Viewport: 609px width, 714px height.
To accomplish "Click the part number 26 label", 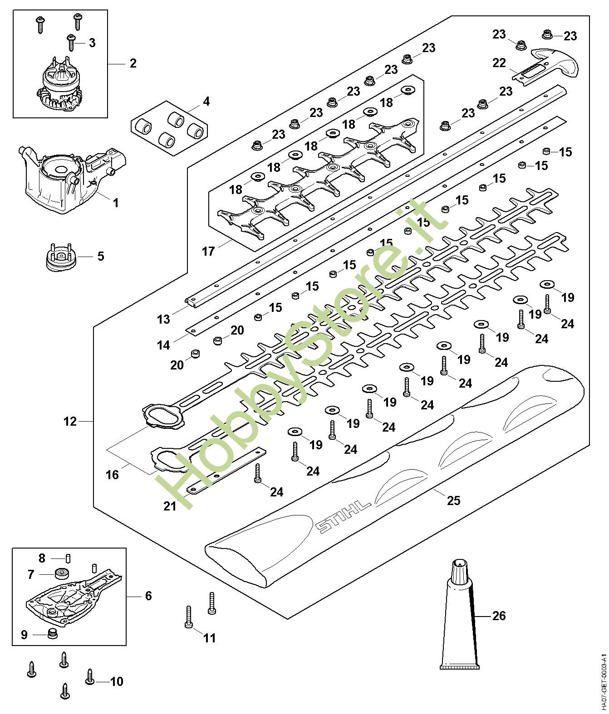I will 499,616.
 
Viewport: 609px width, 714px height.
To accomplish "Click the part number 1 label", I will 115,203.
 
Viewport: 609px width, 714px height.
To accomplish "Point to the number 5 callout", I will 100,256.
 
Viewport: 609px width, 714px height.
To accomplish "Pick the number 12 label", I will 70,422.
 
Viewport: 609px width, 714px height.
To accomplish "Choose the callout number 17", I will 208,251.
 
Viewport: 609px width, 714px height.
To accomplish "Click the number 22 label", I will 499,63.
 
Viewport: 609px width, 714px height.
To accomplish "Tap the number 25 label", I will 453,500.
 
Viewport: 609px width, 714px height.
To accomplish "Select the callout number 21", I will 170,505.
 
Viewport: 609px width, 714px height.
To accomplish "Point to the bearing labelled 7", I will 60,573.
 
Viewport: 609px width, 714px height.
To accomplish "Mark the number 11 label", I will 209,638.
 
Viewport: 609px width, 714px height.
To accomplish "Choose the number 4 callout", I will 206,101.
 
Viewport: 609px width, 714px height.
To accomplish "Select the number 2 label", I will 133,63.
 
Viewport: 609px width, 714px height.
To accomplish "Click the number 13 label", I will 163,319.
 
